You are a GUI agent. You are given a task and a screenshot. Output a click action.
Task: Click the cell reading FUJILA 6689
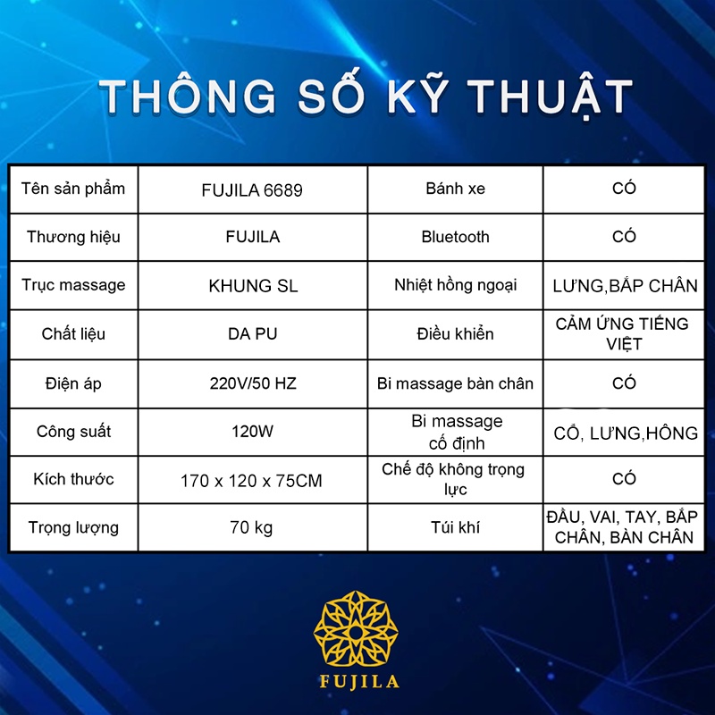coord(252,189)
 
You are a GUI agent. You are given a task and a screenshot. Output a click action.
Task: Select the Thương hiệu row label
coord(73,237)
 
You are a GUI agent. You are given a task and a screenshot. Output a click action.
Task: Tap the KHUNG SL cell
coord(253,286)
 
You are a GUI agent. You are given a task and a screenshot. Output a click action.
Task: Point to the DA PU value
coord(253,333)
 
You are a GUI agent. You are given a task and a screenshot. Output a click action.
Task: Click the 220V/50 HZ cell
coord(253,383)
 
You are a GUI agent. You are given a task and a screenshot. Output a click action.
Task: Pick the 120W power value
coord(252,432)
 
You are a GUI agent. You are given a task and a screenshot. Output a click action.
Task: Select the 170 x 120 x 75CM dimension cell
coord(251,481)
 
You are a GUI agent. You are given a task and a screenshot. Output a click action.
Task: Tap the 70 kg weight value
coord(251,527)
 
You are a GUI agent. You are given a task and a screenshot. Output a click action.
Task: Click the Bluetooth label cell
coord(455,237)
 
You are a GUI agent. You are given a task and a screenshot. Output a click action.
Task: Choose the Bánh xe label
coord(455,189)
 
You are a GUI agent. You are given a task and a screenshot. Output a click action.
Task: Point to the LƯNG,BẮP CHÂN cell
coord(625,285)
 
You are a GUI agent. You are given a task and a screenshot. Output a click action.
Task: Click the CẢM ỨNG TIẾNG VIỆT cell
coord(623,333)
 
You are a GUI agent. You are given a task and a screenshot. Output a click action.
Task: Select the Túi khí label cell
coord(455,527)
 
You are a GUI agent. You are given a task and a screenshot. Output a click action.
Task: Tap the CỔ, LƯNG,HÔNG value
coord(625,433)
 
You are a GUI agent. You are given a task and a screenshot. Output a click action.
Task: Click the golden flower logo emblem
coord(356,628)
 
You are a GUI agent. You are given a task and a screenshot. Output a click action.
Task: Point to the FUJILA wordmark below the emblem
coord(359,682)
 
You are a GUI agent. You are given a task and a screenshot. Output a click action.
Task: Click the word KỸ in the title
coord(418,95)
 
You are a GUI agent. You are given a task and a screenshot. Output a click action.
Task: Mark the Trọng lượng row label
coord(73,527)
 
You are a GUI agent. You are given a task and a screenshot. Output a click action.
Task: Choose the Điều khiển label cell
coord(455,333)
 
